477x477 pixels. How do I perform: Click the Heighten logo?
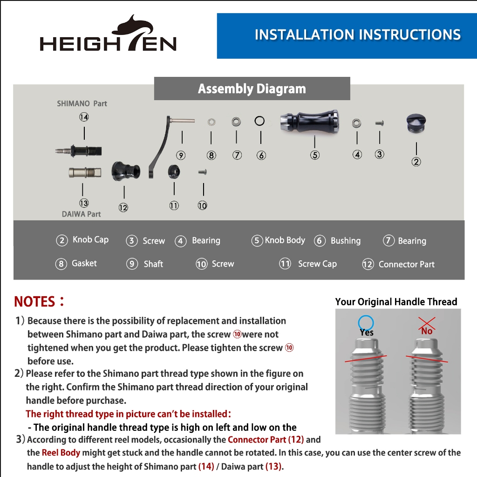click(x=108, y=34)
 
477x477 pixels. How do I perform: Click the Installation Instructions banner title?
click(x=358, y=34)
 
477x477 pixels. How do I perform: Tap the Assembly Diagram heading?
click(x=252, y=89)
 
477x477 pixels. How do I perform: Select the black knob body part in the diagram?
click(x=309, y=122)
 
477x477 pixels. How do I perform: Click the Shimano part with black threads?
click(x=78, y=150)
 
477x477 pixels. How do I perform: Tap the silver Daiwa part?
click(x=85, y=172)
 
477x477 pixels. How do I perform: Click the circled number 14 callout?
click(x=84, y=117)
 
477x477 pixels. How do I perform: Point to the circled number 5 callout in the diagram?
click(x=315, y=155)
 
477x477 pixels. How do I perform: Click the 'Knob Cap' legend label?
click(x=91, y=240)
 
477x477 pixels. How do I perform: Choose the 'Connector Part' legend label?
click(x=406, y=265)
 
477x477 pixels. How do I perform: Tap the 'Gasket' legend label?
click(x=84, y=263)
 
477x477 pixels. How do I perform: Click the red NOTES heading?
click(x=40, y=301)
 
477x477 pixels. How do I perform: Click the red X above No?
click(x=427, y=324)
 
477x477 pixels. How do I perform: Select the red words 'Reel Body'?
click(x=61, y=453)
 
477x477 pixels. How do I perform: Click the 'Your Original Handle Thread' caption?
click(x=396, y=302)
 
